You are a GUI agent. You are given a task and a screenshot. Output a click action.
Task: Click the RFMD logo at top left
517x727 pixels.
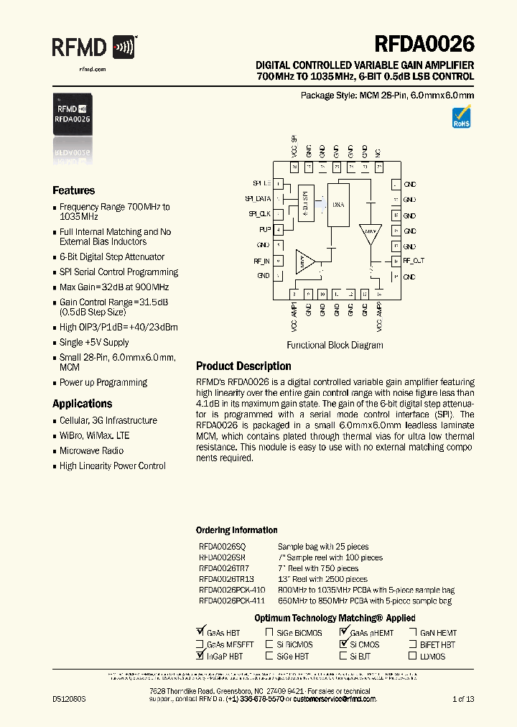93,48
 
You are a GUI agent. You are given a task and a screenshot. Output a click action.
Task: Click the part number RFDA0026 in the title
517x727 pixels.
424,45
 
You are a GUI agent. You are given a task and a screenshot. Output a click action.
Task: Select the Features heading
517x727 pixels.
73,190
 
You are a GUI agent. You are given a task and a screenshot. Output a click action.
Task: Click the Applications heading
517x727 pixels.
82,404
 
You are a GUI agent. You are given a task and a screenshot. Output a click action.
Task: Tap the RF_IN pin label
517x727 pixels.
261,261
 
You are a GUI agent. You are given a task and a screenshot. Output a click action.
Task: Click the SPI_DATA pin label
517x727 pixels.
258,198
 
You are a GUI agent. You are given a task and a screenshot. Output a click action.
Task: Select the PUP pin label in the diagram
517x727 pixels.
264,229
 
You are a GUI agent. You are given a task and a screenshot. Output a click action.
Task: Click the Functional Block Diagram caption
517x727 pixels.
335,345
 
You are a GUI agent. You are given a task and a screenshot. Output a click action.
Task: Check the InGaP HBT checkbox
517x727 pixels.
200,656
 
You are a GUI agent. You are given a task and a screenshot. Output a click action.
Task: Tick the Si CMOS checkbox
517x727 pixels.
343,644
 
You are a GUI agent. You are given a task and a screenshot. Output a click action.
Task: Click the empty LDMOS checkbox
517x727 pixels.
414,656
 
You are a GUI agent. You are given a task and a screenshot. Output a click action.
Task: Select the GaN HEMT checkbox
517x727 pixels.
414,633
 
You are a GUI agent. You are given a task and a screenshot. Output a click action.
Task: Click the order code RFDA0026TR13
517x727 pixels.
226,579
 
